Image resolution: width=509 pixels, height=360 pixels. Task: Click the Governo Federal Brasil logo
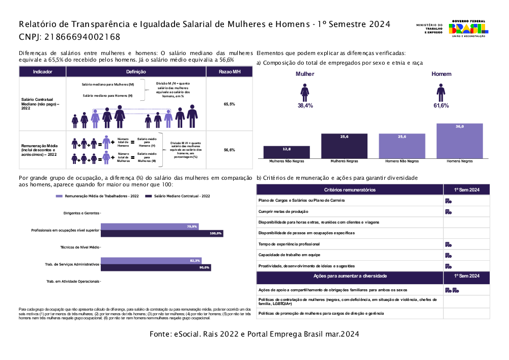(x=467, y=28)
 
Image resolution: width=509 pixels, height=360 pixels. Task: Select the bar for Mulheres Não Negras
(x=287, y=152)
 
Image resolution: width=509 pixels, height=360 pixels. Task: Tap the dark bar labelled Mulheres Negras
(x=344, y=146)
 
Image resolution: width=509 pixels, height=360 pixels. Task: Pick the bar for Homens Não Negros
(x=402, y=146)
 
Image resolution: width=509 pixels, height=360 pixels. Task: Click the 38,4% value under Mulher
(x=305, y=105)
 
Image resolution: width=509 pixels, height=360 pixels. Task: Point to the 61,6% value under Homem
(x=441, y=105)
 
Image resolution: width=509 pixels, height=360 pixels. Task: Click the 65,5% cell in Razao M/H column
(x=229, y=104)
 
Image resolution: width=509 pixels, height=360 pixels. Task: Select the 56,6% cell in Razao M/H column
(x=229, y=150)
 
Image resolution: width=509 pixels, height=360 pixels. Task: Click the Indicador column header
(x=42, y=72)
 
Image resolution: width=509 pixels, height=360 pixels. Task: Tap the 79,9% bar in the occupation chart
(x=150, y=227)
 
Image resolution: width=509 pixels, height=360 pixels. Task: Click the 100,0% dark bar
(x=162, y=233)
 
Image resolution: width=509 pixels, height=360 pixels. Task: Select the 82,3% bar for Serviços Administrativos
(x=151, y=261)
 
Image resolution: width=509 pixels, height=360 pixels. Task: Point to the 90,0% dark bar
(x=156, y=267)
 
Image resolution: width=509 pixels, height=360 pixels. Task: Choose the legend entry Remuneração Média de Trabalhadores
(x=97, y=196)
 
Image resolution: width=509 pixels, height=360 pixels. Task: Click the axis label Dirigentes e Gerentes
(x=81, y=213)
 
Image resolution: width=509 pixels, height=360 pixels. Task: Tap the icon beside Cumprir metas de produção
(x=448, y=211)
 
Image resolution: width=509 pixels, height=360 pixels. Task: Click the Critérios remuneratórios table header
(x=350, y=189)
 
